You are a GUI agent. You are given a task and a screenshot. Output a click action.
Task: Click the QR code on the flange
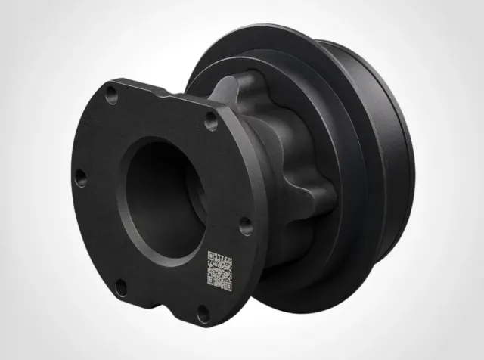pos(219,271)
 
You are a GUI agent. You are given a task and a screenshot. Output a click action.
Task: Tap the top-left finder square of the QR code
pos(212,256)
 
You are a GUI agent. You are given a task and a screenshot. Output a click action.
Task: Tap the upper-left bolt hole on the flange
pos(111,95)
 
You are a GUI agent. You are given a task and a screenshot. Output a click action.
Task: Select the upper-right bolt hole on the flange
pos(211,120)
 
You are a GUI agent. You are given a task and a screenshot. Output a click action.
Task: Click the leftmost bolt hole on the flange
pos(80,178)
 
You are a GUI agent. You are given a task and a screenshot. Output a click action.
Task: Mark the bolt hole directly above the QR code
pos(246,225)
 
